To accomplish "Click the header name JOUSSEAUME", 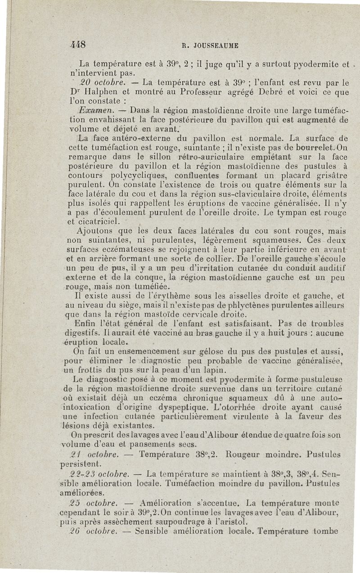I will [x=216, y=45].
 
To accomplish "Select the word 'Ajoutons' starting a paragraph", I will [x=96, y=232].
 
